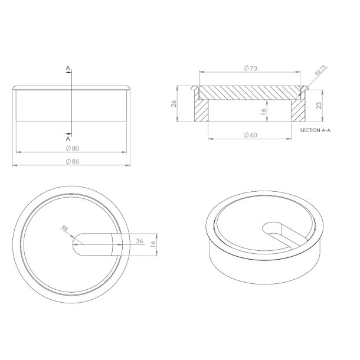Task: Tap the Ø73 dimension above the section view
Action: tap(250, 69)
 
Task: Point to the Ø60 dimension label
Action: tap(250, 135)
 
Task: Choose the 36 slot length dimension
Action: tap(139, 240)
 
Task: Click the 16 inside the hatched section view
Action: tap(264, 109)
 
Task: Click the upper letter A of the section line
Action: tap(68, 70)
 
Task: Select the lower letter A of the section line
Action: tap(68, 138)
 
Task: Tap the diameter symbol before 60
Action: tap(246, 135)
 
